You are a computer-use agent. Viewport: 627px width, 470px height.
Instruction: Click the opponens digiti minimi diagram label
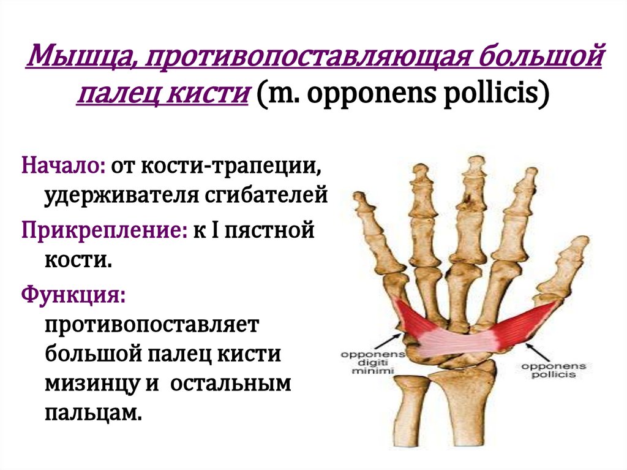click(364, 362)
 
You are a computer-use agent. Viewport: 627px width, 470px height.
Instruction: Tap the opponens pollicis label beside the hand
click(553, 370)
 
